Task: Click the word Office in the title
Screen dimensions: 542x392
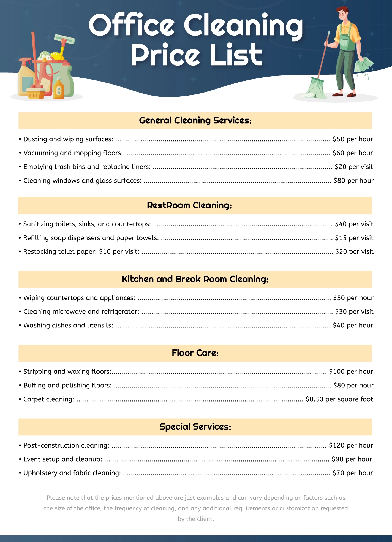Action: point(132,25)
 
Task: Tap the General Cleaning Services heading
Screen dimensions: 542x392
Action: point(195,121)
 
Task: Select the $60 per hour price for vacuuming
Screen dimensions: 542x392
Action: point(353,153)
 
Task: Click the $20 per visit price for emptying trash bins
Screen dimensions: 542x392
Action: point(354,167)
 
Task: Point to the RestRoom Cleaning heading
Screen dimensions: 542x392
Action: point(189,205)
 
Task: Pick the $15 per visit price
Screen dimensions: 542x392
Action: point(354,238)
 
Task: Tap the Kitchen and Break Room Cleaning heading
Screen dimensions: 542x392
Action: point(195,279)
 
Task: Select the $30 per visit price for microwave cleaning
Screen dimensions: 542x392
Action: point(354,311)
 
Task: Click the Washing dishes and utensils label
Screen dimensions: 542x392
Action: point(68,325)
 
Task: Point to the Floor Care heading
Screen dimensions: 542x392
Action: point(195,353)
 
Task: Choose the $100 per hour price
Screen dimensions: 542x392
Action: point(351,372)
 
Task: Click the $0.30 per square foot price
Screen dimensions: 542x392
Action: point(339,399)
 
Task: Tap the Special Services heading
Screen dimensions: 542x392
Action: point(195,427)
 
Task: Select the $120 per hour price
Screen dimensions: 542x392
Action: point(351,445)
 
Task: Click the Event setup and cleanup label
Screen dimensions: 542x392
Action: point(63,459)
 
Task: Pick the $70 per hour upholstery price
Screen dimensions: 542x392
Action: point(353,473)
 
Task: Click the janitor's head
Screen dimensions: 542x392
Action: point(342,14)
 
